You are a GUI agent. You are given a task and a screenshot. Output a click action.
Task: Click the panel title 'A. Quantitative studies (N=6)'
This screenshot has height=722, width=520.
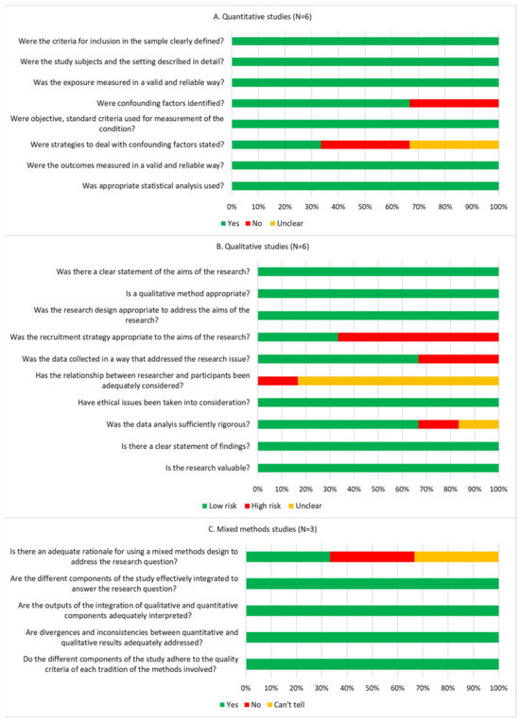(260, 14)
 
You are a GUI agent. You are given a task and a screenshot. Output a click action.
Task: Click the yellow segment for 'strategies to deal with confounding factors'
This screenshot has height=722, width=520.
(454, 145)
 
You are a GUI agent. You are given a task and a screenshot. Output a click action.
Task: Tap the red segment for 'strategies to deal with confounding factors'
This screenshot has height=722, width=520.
(365, 145)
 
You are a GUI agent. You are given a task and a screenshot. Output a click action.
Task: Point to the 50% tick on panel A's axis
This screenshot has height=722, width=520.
(365, 204)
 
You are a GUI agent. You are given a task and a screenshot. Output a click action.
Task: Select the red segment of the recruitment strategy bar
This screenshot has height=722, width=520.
(418, 336)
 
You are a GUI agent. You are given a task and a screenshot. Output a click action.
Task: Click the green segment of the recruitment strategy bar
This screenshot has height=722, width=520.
(297, 336)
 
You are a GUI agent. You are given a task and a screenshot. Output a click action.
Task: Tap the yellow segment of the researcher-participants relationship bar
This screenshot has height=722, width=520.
(398, 381)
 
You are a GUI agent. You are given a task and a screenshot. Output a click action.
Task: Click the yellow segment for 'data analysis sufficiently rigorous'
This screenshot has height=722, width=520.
(478, 424)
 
